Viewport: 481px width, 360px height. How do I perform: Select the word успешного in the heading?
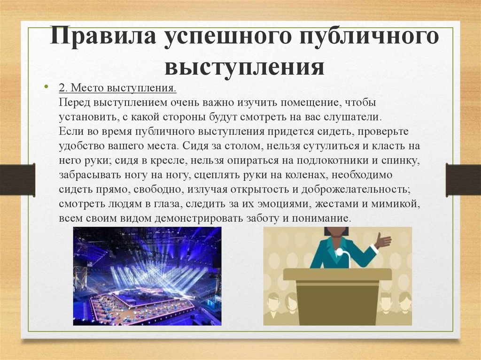[228, 38]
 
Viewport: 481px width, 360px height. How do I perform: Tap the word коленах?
[306, 175]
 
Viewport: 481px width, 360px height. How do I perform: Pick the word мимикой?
[395, 204]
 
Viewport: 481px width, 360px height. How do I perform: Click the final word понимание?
[320, 219]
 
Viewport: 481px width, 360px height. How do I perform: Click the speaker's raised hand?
[383, 240]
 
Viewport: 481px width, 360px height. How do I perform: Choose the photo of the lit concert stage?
[147, 276]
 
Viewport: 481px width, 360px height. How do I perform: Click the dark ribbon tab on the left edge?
[17, 180]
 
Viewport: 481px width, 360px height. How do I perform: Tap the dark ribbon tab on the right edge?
[463, 180]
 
